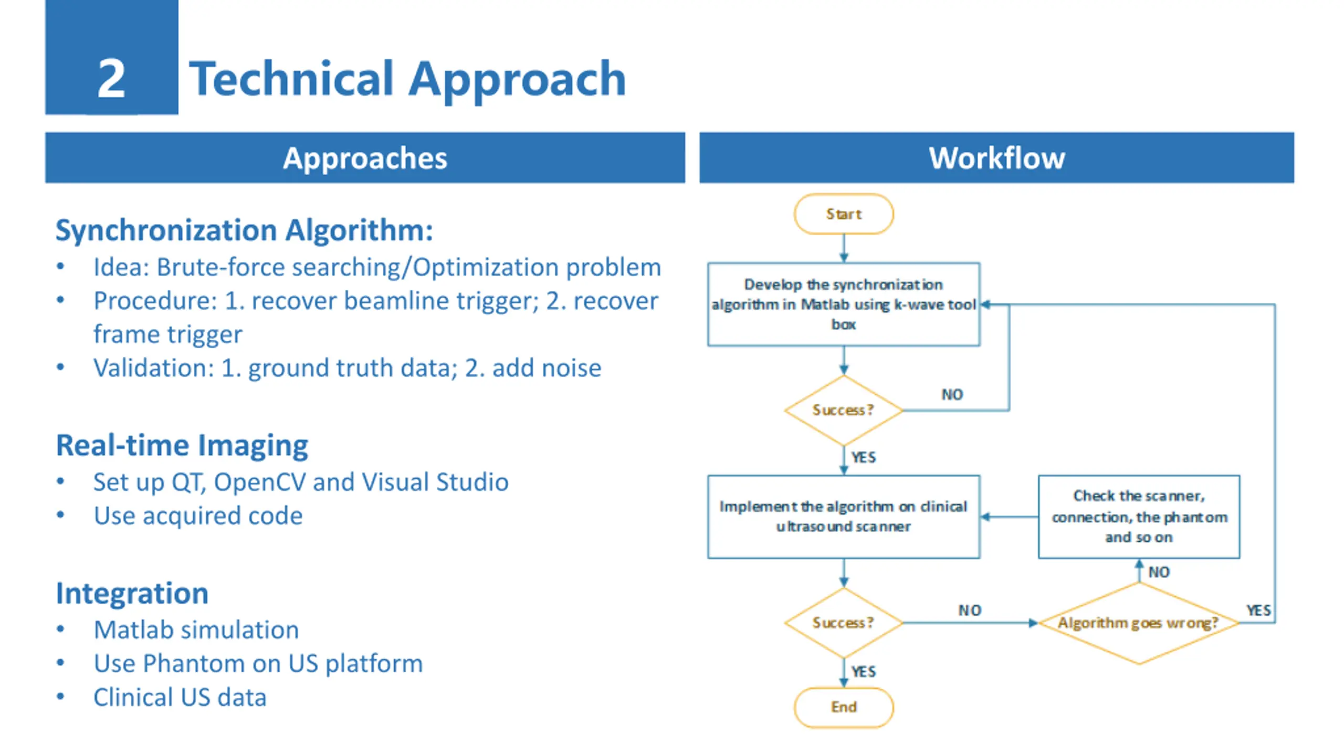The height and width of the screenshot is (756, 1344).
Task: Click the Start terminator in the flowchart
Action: (x=844, y=214)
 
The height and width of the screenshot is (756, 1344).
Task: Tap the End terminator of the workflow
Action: (x=844, y=707)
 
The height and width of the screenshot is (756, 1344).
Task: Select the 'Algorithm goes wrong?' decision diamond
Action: (x=1138, y=623)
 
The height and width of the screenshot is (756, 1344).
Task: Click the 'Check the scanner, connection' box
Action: (x=1139, y=517)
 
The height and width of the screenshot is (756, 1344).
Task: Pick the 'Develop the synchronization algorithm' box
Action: (x=843, y=304)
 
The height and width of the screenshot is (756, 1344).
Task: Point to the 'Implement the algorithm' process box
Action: (x=843, y=517)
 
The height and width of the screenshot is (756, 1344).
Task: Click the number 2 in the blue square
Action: (x=111, y=79)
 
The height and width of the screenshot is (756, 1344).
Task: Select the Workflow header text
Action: (x=996, y=158)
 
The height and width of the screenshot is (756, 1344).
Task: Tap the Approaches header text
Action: (x=365, y=158)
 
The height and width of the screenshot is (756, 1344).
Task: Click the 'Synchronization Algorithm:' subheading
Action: (x=244, y=230)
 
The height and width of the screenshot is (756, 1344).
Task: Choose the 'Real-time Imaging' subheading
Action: (x=182, y=445)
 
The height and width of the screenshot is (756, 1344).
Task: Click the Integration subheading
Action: (x=132, y=593)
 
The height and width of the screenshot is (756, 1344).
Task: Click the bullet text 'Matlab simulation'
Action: (x=196, y=629)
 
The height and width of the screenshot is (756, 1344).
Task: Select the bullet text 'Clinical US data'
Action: (x=180, y=697)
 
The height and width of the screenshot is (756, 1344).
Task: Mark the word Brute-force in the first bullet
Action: (x=220, y=267)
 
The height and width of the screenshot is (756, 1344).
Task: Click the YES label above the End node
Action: (x=864, y=671)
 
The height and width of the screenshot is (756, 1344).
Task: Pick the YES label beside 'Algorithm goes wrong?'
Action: (x=1258, y=611)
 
